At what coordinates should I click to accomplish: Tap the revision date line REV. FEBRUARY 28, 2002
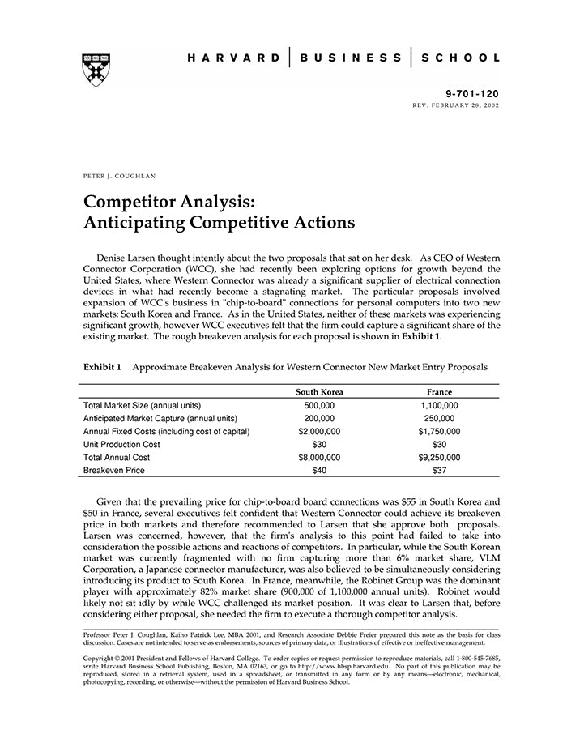456,106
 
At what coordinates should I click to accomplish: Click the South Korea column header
319,392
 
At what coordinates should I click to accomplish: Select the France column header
439,392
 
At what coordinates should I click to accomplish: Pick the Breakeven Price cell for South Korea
319,470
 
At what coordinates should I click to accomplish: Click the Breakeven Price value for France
439,470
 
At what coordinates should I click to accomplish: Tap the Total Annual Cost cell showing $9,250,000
439,457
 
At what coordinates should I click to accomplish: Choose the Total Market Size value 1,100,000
439,405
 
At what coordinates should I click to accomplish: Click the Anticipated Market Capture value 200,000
319,418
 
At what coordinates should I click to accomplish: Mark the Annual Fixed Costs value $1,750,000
439,431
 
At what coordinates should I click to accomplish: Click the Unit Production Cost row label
122,444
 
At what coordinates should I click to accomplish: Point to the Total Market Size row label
143,405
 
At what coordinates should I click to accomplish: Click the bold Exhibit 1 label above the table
102,367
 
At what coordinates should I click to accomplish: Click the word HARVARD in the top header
234,58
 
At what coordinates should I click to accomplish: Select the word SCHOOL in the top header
463,58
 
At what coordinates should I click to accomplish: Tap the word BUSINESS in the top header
351,58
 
